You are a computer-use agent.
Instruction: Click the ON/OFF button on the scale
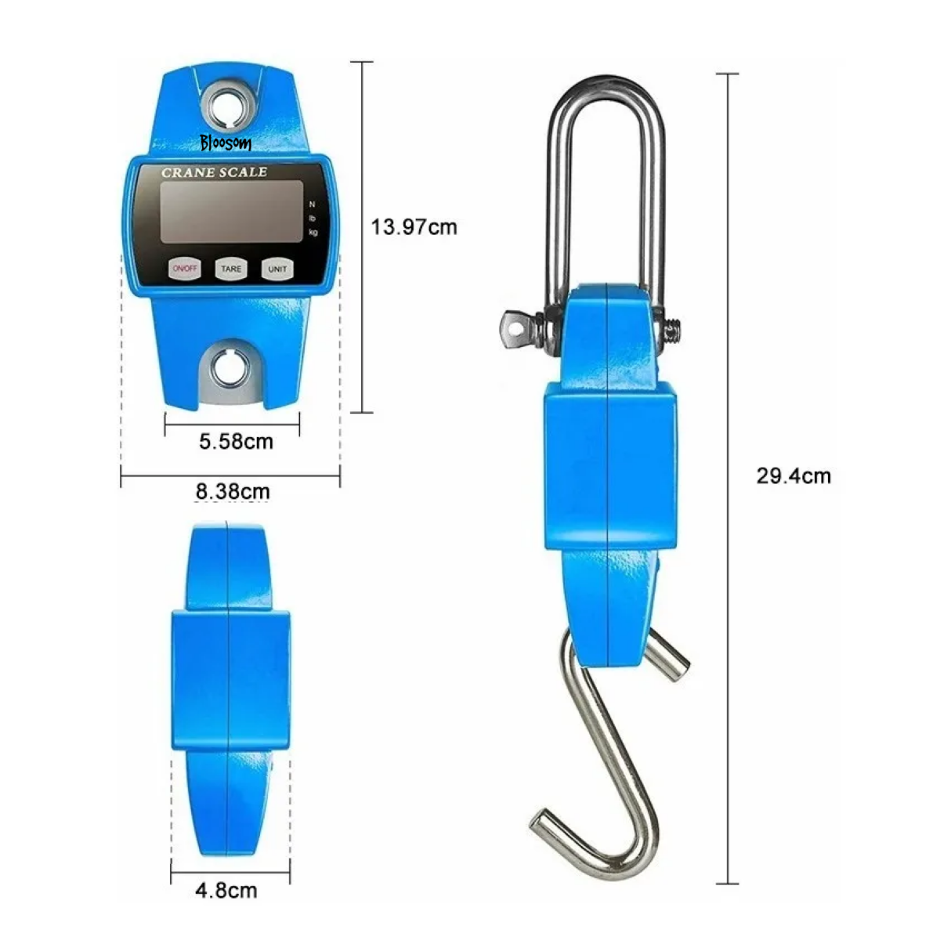coord(186,269)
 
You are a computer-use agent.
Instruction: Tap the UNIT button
coord(277,269)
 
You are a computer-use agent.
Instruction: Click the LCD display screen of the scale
coord(231,211)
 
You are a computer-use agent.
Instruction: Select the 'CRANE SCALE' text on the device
coord(214,172)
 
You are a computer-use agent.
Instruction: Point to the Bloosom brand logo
coord(225,143)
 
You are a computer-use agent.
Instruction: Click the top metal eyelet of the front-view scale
coord(230,104)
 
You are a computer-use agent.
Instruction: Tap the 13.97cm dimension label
coord(414,227)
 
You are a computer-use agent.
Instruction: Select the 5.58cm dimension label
coord(236,442)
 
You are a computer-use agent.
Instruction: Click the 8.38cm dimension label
coord(233,492)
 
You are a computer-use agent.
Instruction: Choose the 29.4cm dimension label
coord(794,475)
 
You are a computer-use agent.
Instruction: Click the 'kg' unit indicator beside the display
coord(313,232)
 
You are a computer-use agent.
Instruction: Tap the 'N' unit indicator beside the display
coord(313,204)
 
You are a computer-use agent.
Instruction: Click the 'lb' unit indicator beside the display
coord(313,218)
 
